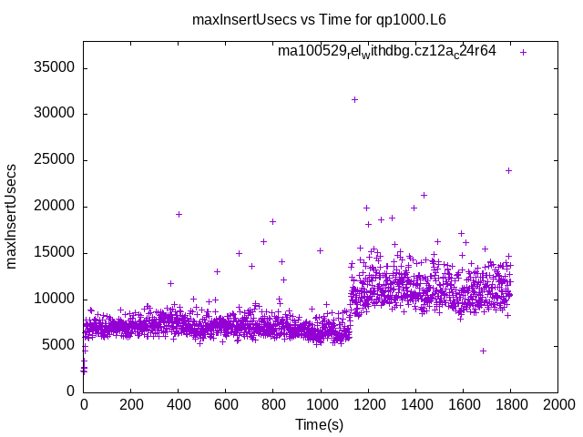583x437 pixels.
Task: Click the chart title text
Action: pos(318,19)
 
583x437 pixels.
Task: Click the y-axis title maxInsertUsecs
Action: pos(13,216)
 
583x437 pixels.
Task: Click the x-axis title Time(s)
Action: pos(319,424)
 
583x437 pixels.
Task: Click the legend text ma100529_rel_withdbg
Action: pos(386,51)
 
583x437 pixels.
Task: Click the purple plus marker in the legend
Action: pos(523,52)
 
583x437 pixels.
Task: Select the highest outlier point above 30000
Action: pos(354,99)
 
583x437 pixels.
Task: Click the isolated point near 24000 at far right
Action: pos(508,170)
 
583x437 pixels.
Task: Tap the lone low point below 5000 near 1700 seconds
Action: pos(483,351)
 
